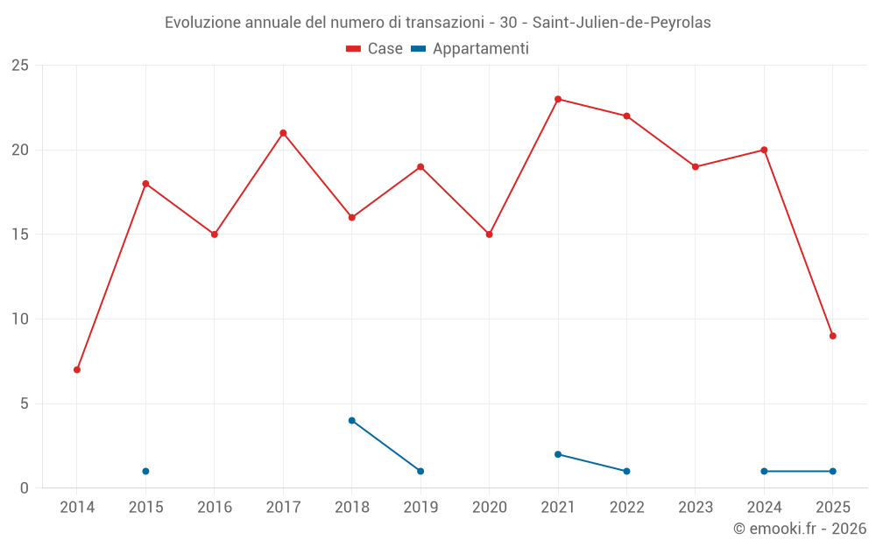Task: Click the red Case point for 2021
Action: (x=558, y=99)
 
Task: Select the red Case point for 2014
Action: (x=77, y=369)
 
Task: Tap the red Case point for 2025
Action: (x=833, y=336)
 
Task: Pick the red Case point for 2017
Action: (x=283, y=133)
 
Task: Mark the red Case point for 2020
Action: (x=490, y=235)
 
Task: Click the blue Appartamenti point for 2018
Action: (x=352, y=420)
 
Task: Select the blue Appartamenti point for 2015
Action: (x=145, y=471)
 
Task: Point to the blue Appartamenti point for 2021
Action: (x=558, y=454)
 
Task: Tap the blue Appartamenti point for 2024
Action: (x=764, y=471)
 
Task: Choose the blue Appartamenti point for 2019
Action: (x=420, y=471)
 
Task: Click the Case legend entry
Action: (x=374, y=49)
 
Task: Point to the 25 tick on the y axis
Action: (x=20, y=66)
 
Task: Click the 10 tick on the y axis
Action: (x=20, y=319)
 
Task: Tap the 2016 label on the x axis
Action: (x=215, y=508)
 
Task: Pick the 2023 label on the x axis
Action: (x=696, y=508)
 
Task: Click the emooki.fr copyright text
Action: (x=799, y=529)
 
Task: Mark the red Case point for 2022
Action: (x=626, y=116)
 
